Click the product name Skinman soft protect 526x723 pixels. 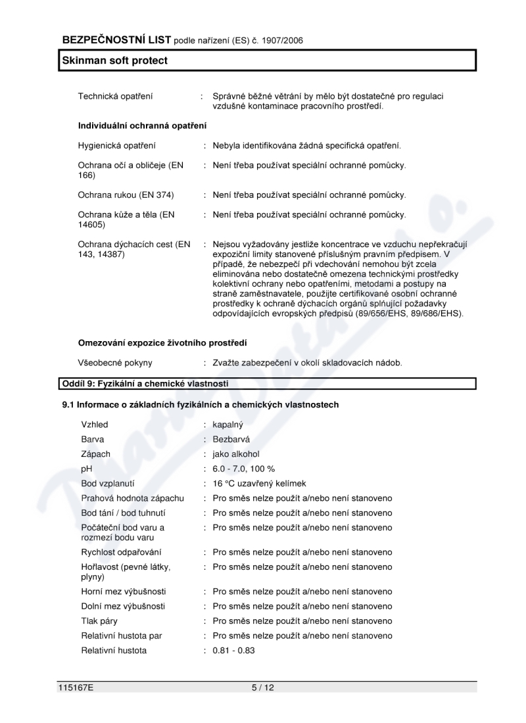tap(115, 60)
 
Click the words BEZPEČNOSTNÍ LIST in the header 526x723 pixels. tap(116, 40)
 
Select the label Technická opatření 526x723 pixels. tap(116, 97)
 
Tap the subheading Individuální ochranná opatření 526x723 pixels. tap(142, 125)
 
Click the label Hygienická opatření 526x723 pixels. tap(117, 145)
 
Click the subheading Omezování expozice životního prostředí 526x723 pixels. tap(162, 342)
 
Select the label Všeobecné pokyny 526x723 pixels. tap(115, 362)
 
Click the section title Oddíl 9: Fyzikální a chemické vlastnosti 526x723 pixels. tap(145, 383)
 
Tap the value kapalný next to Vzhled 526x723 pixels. tap(228, 425)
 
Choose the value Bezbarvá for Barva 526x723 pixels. tap(231, 439)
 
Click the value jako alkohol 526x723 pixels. tap(237, 454)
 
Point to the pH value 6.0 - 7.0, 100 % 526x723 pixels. tap(244, 469)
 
